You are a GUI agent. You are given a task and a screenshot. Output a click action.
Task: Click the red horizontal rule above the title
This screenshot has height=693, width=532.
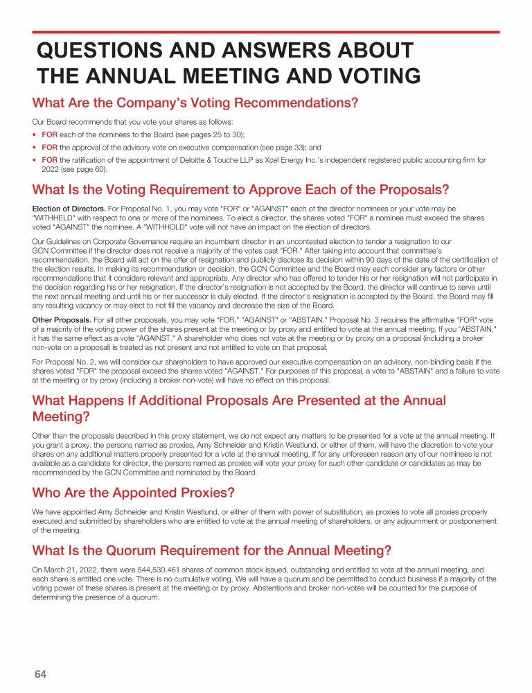pos(266,32)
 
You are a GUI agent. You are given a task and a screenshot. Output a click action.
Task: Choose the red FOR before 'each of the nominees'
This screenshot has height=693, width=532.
pos(50,134)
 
